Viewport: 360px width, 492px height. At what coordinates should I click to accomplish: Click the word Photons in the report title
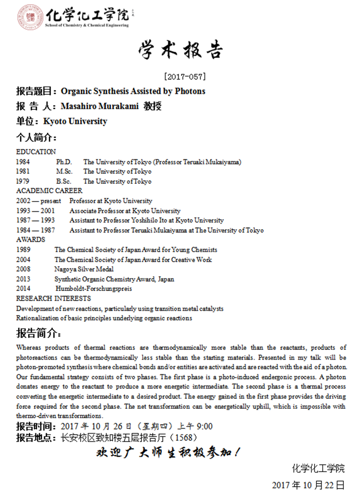coord(190,91)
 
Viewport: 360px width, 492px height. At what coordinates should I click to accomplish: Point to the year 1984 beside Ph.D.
coord(23,162)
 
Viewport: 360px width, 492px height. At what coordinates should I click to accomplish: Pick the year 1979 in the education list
coord(23,181)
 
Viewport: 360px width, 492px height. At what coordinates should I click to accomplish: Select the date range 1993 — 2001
coord(35,211)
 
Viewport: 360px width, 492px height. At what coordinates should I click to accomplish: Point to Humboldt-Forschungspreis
coord(94,289)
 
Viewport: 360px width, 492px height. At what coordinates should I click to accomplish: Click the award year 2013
coord(23,279)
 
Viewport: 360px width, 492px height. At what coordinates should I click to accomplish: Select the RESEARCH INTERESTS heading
coord(53,298)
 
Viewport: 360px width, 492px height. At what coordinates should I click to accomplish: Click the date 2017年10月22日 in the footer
coord(308,485)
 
